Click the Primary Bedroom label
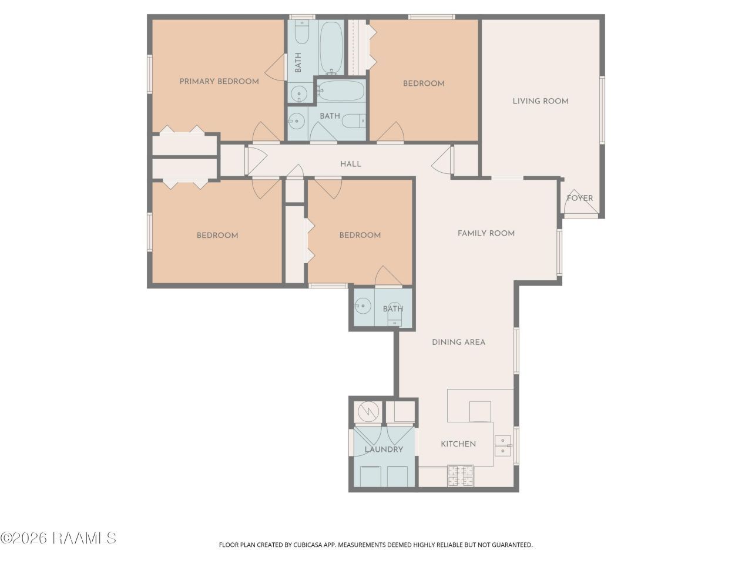219,82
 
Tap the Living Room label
540,101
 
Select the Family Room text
486,233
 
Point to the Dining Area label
458,342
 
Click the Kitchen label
458,444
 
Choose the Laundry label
384,449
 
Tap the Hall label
351,164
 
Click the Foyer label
580,198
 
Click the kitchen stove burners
461,476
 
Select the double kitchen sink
502,445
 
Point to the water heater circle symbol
368,411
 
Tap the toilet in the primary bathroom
302,32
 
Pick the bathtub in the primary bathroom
331,48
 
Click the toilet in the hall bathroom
354,121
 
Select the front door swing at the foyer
580,203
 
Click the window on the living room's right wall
602,110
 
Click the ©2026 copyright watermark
58,538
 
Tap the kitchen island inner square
479,412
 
